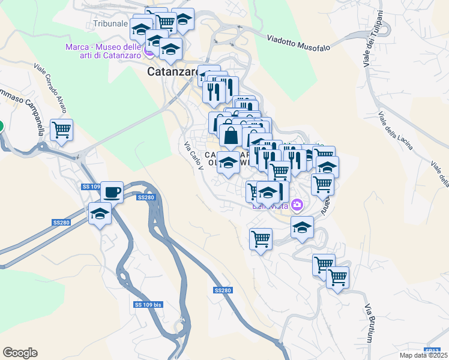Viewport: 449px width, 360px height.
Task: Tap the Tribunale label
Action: tap(111, 24)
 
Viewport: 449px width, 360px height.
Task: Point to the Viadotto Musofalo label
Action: tap(298, 38)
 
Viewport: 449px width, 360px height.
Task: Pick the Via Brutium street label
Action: tap(369, 323)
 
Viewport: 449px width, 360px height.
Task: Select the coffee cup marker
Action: tap(112, 193)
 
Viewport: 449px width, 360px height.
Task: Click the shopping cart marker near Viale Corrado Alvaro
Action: tap(61, 130)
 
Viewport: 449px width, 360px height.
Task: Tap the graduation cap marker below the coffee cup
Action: tap(100, 214)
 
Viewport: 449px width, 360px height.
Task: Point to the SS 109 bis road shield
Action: tap(148, 305)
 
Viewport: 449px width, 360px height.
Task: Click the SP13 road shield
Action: tap(432, 350)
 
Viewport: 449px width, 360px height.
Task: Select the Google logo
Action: tap(20, 353)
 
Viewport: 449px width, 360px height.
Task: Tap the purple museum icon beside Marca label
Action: tap(148, 55)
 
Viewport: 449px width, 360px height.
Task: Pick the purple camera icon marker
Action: tap(297, 206)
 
